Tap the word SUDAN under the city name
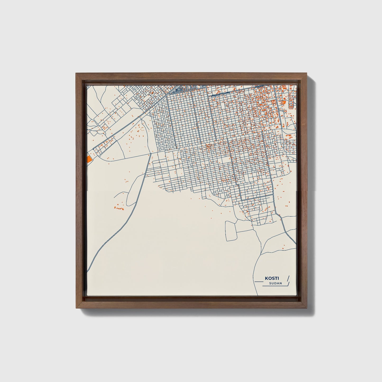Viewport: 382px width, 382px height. [x=275, y=283]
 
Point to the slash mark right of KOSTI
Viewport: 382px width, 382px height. [x=288, y=278]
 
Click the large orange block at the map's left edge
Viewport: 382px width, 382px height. [x=89, y=159]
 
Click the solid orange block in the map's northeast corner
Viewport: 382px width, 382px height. [x=284, y=102]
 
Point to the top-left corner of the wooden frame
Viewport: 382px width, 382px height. [x=76, y=73]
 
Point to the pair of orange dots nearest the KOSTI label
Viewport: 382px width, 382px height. [x=283, y=248]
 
